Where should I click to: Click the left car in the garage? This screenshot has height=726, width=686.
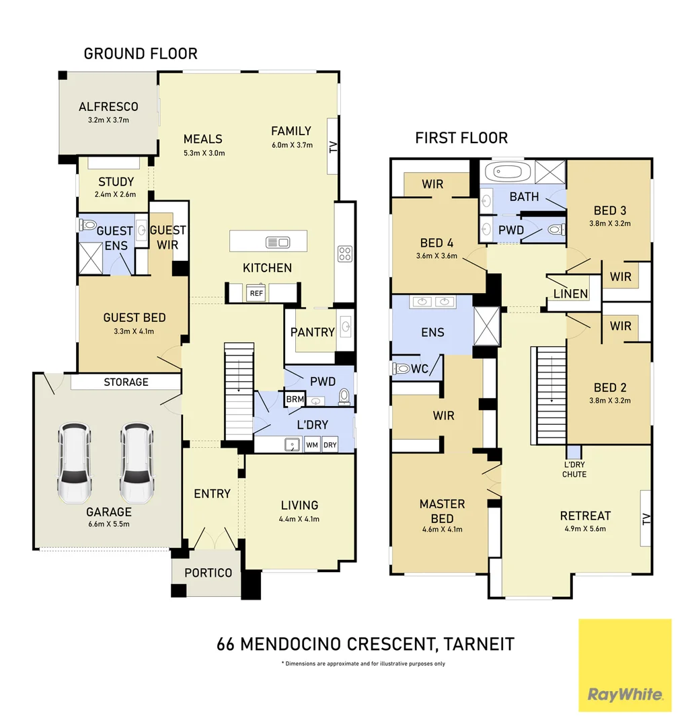coord(74,462)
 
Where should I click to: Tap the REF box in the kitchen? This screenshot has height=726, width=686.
coord(256,293)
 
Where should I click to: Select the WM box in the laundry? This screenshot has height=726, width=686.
coord(312,445)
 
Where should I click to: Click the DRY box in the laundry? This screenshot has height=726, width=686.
coord(330,445)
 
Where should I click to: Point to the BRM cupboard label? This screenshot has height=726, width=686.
coord(295,399)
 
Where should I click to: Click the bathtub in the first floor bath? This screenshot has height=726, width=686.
coord(507,172)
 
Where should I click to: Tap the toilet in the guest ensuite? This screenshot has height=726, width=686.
coord(87,225)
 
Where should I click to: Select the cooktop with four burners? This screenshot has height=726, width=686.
coord(344,253)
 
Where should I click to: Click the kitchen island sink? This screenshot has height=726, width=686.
coord(278,242)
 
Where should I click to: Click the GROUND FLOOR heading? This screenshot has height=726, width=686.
coord(141,54)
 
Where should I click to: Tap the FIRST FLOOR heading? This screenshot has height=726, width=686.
coord(461,138)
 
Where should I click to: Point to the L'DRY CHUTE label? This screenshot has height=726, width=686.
coord(574,469)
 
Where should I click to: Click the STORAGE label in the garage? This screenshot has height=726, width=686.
coord(126,382)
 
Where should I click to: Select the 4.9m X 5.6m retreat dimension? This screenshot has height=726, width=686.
coord(585,529)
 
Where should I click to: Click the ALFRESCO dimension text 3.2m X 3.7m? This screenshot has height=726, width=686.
coord(108,120)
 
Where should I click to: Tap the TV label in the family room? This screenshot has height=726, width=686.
coord(333,147)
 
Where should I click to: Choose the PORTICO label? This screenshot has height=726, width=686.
coord(208,573)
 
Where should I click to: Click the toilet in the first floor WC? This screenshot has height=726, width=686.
coord(401,368)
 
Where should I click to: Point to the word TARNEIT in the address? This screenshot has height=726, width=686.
coord(478,644)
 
